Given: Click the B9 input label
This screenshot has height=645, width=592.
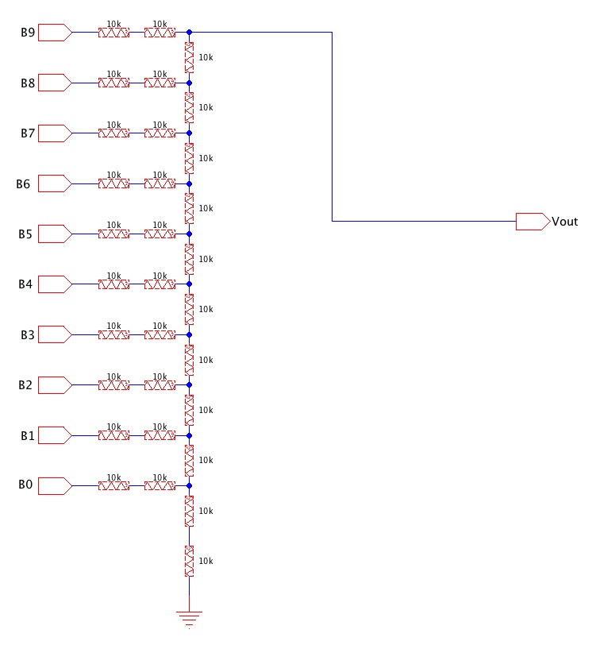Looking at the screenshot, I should point(28,33).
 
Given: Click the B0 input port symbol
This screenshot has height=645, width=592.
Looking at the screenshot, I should point(55,485).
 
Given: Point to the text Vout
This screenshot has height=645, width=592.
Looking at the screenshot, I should point(565,222).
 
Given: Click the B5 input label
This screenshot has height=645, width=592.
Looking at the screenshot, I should point(25,234).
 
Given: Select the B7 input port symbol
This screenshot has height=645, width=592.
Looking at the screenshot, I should point(55,133).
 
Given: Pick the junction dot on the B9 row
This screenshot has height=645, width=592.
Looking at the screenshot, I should point(189,33).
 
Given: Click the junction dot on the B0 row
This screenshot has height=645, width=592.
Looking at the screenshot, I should point(189,485).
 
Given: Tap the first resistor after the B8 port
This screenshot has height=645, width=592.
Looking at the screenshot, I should point(113,83).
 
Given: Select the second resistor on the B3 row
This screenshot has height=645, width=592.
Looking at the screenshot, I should point(160,334).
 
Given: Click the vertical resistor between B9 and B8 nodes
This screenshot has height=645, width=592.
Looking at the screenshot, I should point(189,57).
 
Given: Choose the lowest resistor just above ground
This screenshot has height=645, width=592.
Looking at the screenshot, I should point(189,561).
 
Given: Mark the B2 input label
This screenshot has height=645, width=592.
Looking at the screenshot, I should point(25,385).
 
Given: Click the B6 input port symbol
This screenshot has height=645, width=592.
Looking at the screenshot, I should point(55,183).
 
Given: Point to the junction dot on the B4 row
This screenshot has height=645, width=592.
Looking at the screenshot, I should point(189,284).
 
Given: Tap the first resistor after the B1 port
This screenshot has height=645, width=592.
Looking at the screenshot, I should point(113,435).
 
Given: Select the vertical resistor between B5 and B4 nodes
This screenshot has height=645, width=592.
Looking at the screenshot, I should point(189,259).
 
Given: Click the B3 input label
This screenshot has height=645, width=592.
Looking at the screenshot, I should point(28,335).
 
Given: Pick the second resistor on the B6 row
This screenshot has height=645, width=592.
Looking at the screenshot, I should point(160,183).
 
